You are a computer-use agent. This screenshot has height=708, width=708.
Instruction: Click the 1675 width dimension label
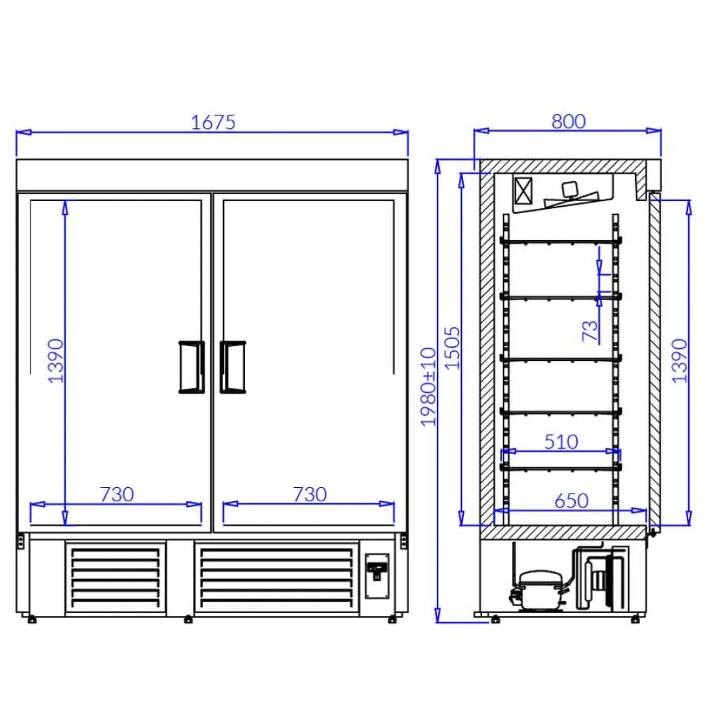point(213,122)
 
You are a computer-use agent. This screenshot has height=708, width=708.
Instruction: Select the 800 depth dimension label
point(569,121)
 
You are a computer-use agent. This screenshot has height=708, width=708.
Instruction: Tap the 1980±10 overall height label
point(429,386)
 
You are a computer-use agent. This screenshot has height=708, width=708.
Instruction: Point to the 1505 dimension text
point(453,347)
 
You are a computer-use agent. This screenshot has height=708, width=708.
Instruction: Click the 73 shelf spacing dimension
point(590,330)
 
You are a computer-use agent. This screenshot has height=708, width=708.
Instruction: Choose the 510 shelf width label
point(561,442)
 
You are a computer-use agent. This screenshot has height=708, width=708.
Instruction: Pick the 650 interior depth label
point(571,501)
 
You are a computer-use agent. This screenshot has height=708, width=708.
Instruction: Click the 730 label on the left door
point(116,493)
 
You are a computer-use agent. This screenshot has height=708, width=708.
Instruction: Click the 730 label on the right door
point(309,493)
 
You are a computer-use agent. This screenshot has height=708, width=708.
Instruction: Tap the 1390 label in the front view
point(56,360)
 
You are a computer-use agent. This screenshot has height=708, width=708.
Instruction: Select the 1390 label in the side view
point(680,360)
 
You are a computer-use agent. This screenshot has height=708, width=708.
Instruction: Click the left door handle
point(190,366)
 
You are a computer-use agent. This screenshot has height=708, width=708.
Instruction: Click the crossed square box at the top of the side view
point(525,191)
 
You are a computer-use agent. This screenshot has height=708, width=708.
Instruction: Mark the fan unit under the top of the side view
point(570,195)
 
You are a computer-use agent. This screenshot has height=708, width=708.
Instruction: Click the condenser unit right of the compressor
point(602,579)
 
